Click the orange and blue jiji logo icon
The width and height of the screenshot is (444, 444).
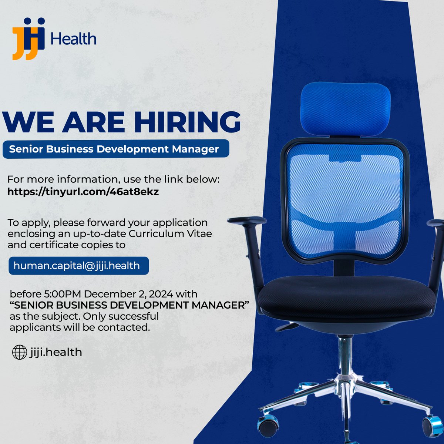point(28,38)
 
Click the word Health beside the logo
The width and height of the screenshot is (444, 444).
point(74,39)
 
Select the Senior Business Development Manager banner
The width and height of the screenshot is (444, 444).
point(115,149)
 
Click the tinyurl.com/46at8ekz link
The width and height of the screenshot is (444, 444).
point(83,192)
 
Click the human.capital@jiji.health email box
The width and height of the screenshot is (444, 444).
point(78,266)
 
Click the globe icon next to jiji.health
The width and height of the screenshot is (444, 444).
point(20,352)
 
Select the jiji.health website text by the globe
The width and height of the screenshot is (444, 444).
point(55,352)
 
